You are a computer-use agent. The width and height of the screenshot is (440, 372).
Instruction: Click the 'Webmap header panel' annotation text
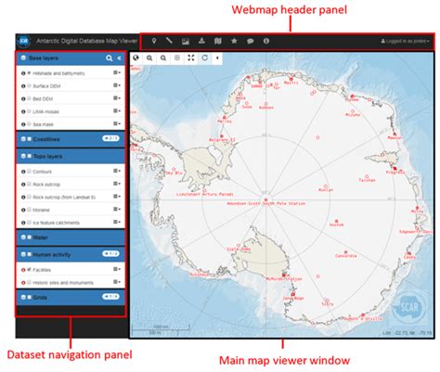(x=289, y=10)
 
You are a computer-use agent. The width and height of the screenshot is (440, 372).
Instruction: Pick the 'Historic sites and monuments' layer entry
(x=65, y=282)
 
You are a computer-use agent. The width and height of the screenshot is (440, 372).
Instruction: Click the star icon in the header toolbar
(x=234, y=41)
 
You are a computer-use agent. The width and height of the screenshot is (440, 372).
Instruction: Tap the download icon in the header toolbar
(x=201, y=41)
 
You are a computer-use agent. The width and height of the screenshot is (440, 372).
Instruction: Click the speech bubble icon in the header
(x=250, y=41)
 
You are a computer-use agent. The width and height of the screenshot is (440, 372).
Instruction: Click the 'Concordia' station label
(x=344, y=257)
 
